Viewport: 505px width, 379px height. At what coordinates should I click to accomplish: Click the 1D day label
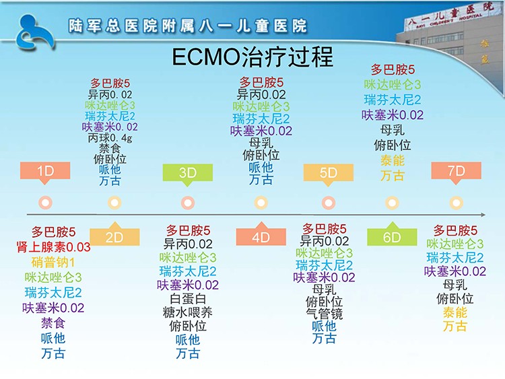(x=45, y=171)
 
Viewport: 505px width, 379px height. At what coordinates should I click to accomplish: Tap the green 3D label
(x=188, y=173)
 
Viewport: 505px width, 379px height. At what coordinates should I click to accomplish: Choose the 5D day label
(x=328, y=173)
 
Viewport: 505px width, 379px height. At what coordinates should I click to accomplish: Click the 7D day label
(x=456, y=171)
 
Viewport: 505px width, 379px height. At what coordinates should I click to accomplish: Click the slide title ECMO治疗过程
(x=252, y=57)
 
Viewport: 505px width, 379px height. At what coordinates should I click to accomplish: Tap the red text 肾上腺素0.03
(x=53, y=247)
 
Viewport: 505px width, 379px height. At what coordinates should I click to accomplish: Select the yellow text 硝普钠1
(x=53, y=263)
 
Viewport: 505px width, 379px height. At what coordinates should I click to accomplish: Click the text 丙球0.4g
(x=110, y=138)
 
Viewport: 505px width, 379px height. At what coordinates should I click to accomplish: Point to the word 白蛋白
(x=188, y=299)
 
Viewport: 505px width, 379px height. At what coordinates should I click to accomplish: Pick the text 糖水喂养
(x=188, y=312)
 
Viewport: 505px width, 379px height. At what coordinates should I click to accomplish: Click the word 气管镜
(x=325, y=314)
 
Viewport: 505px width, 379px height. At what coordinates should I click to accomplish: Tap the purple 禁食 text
(x=53, y=323)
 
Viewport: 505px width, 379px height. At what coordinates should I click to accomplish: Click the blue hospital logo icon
(x=35, y=32)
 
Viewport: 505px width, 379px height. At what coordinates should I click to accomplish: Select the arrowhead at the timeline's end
(x=483, y=215)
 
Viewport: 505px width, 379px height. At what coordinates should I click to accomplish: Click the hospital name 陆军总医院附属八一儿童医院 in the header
(x=188, y=26)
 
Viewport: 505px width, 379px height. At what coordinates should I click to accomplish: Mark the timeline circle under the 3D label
(x=188, y=203)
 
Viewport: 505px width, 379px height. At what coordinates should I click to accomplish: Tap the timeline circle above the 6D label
(x=392, y=203)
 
